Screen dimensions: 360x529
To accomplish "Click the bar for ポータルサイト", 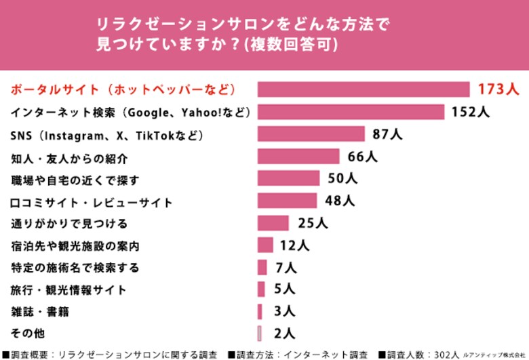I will [364, 89].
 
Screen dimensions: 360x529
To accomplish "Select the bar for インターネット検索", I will [351, 112].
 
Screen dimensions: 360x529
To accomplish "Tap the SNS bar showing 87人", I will [311, 134].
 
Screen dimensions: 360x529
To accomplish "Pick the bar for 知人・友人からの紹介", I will [298, 157].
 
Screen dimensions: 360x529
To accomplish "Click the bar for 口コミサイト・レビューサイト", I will [287, 201].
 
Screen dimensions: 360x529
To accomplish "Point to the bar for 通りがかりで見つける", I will [273, 223].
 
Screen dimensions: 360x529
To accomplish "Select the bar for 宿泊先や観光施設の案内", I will [265, 245].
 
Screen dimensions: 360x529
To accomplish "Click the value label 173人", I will [498, 89].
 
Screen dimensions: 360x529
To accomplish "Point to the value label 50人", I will [342, 179].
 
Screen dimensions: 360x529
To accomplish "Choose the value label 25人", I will [313, 223].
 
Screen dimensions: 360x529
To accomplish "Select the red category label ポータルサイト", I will [123, 89].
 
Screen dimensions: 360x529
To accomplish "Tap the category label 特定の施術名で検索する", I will [75, 267].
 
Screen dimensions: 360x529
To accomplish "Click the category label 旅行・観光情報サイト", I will [68, 289].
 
